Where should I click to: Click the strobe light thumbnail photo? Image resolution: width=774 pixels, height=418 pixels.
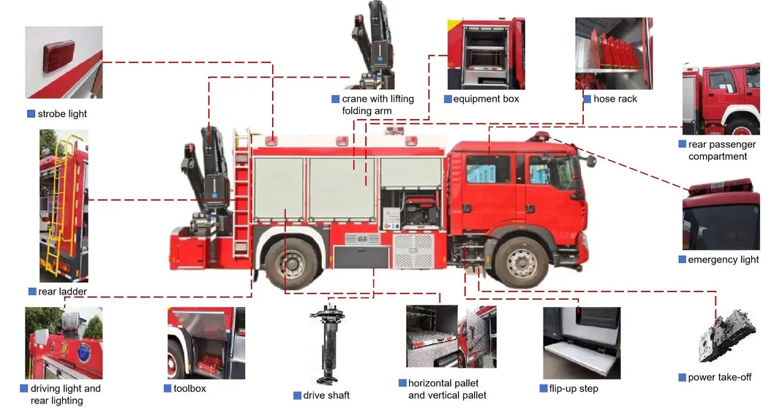64,62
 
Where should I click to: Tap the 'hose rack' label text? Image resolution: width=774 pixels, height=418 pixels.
615,99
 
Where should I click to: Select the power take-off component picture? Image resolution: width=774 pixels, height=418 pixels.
727,335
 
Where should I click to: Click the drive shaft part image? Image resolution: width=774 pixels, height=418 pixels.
326,344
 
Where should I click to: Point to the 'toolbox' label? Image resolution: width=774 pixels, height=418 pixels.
189,389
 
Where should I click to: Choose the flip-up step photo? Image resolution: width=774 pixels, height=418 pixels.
582,343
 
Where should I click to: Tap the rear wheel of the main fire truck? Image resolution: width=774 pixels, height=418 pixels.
292,263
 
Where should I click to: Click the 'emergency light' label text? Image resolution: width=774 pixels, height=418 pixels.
724,259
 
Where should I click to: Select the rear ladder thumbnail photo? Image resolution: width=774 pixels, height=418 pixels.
64,205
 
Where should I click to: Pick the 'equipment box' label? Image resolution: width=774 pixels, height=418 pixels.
486,99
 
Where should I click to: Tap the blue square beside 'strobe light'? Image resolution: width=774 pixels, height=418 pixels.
31,114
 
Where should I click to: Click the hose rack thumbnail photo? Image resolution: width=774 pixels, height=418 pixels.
614,53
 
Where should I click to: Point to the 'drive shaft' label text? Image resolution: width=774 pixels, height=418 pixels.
326,395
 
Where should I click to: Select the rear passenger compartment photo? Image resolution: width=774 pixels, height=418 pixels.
721,99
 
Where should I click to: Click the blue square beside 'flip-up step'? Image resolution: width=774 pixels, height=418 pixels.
544,389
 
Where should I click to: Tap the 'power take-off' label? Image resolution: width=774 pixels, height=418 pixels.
720,378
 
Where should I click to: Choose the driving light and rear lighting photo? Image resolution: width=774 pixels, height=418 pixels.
64,343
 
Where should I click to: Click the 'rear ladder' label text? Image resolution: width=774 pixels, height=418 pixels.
63,292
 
